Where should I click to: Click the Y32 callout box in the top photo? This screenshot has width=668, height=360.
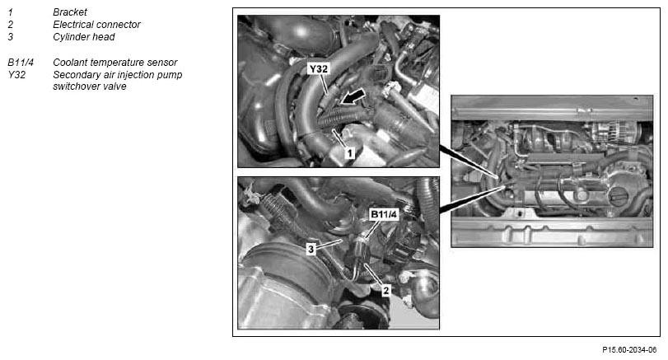pos(318,68)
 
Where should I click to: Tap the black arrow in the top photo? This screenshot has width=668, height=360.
pos(353,96)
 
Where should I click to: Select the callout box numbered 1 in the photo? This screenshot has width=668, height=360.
pos(349,152)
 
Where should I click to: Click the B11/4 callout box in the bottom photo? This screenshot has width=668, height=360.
pos(384,214)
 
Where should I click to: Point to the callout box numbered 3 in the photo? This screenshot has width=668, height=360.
pos(311,249)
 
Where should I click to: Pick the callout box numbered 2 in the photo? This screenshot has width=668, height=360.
pos(385,291)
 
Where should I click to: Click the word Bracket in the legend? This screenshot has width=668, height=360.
pos(70,12)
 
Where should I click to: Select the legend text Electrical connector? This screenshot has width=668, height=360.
pos(96,25)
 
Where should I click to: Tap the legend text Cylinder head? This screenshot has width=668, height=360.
pos(84,37)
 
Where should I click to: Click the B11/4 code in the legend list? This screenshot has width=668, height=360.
pos(21,63)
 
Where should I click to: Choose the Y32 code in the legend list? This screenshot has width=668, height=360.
pos(16,75)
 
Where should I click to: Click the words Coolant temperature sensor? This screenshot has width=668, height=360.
pos(115,63)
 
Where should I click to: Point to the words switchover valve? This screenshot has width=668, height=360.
pos(90,86)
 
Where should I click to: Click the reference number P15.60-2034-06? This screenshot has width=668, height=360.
pos(629,350)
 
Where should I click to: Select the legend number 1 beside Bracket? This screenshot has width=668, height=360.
pos(10,12)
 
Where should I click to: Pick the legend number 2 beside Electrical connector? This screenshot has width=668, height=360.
pos(10,25)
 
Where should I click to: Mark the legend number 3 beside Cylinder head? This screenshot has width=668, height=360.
pos(10,37)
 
